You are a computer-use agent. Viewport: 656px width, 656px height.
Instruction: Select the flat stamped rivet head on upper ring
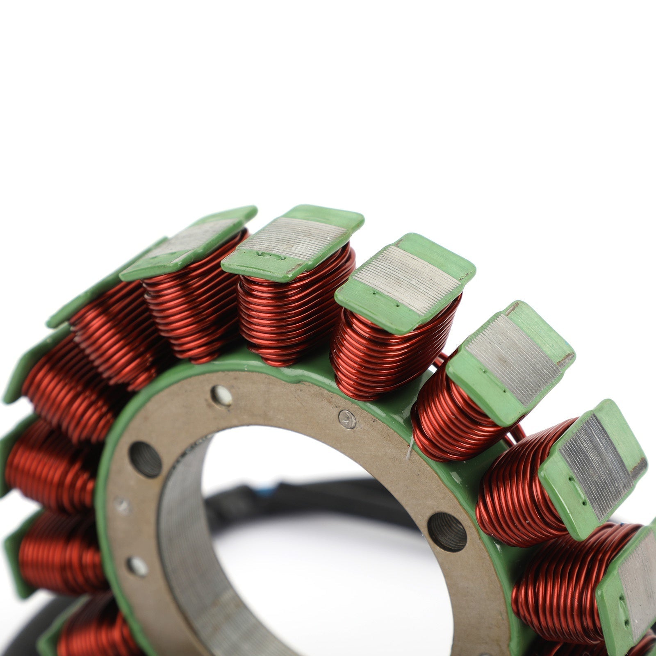[x=347, y=419]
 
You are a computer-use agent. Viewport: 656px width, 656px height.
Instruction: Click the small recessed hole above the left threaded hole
[x=221, y=396]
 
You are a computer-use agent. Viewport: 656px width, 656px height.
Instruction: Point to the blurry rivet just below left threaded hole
[x=122, y=506]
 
